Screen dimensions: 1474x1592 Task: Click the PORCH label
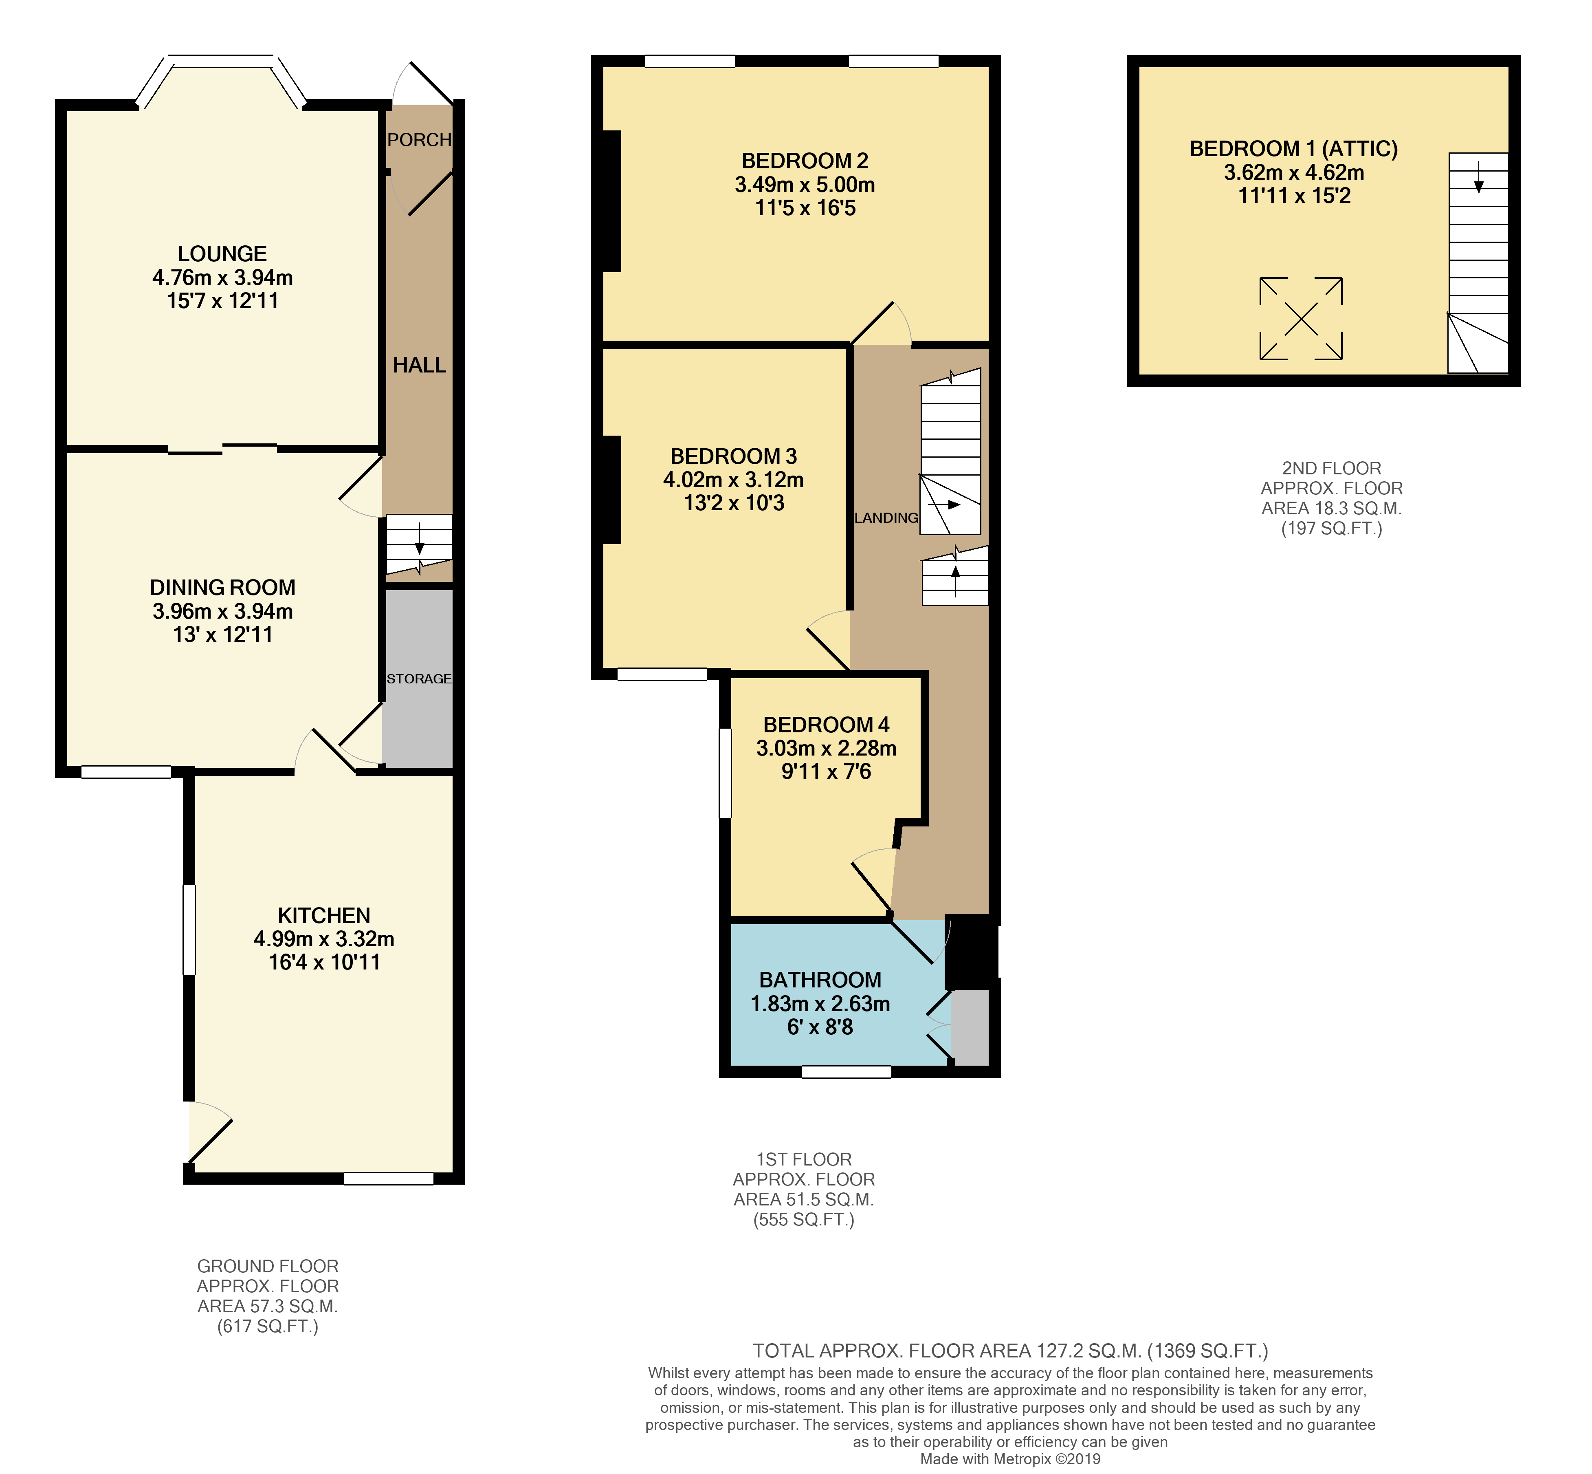[419, 140]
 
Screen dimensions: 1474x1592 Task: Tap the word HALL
[419, 365]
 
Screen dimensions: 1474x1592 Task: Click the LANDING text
[886, 518]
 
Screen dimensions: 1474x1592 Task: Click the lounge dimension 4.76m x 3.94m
[222, 278]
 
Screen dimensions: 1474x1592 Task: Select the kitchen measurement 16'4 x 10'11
[324, 962]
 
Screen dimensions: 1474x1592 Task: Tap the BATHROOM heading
[820, 980]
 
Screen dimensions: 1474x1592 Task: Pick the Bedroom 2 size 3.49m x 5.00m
[805, 184]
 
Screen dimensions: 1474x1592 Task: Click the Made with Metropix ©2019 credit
[1010, 1459]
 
